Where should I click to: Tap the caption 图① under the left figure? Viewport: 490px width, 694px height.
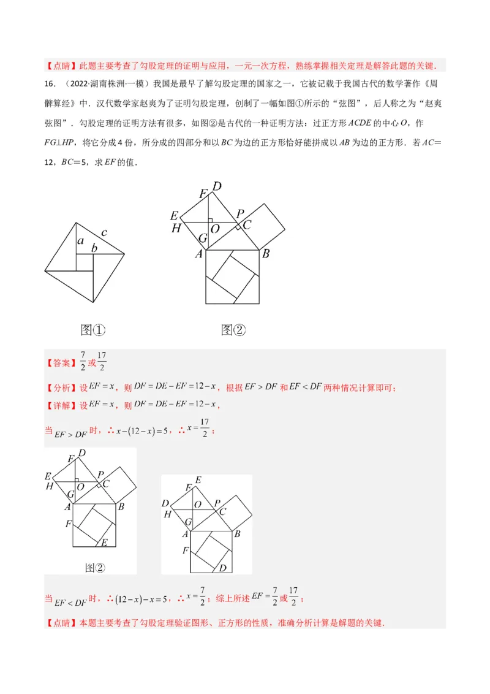93,330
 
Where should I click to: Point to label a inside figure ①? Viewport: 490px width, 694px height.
80,242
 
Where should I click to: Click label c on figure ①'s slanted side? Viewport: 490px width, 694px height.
104,232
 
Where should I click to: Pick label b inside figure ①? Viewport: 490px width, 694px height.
94,248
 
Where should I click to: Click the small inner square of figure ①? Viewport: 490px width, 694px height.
85,262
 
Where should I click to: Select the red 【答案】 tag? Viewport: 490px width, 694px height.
60,363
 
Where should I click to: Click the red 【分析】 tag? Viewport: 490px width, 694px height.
60,387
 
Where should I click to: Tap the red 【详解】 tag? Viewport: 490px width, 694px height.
60,405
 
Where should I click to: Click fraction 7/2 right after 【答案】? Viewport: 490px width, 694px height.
82,361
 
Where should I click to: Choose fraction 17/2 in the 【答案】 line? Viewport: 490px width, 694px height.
102,361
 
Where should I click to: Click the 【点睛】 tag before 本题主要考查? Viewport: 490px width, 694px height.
60,623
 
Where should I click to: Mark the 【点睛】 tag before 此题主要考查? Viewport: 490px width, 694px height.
60,66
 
